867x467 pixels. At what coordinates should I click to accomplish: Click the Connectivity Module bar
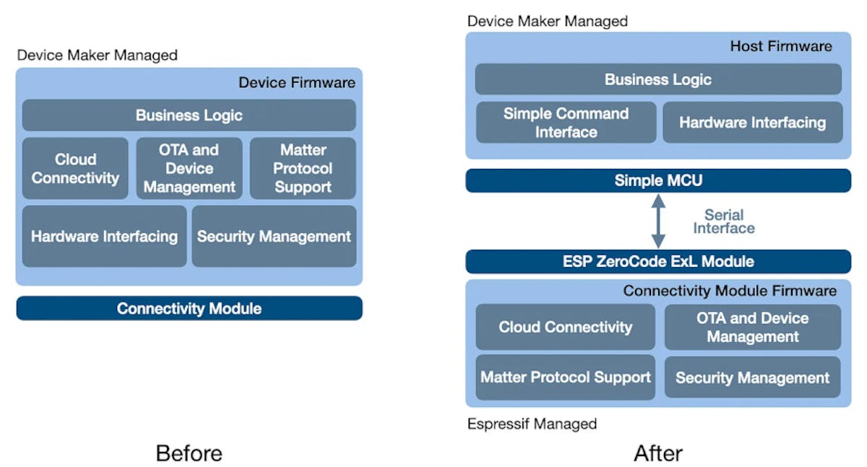point(189,308)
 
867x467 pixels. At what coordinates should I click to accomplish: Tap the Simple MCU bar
point(658,180)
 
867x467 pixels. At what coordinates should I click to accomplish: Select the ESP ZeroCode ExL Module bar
point(658,261)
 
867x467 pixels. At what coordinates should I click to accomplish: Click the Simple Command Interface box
point(566,123)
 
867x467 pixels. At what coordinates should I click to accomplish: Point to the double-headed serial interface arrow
point(658,221)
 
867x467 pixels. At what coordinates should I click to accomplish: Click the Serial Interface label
point(724,222)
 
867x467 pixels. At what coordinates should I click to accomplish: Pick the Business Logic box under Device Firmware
point(189,115)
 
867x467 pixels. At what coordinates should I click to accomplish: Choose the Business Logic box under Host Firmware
point(658,79)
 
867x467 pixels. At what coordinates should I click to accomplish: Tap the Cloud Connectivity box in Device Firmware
point(75,169)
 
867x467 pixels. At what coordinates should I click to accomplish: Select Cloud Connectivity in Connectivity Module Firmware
point(566,327)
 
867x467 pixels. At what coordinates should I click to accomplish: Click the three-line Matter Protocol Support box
point(303,169)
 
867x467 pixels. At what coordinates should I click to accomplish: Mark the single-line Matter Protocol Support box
point(566,377)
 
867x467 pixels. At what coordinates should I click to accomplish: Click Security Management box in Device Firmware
point(274,236)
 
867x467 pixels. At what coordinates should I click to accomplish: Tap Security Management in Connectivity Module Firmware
point(752,377)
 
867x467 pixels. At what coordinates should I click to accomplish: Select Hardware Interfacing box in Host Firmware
point(752,123)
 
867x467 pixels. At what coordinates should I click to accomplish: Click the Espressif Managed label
point(532,424)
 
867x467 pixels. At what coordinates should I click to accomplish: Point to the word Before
point(189,453)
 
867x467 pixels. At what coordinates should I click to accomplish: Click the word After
point(658,453)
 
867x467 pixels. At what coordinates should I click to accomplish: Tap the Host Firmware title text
point(781,46)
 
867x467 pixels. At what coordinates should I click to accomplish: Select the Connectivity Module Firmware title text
point(730,291)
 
